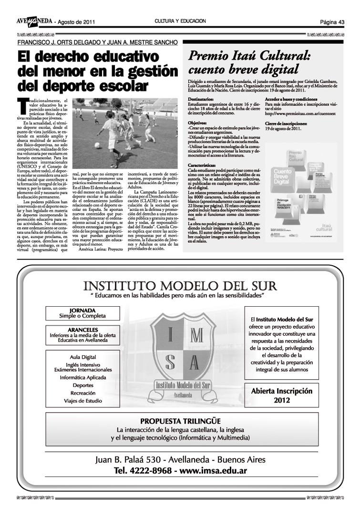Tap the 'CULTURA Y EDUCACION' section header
tap(180, 21)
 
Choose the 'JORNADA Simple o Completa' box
tap(82, 313)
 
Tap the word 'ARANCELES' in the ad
tap(82, 329)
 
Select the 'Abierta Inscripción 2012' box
tap(282, 395)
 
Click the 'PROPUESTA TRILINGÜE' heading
tap(180, 421)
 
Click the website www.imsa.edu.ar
tap(213, 471)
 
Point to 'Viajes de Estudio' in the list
tap(82, 401)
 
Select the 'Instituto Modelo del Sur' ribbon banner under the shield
tap(183, 385)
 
